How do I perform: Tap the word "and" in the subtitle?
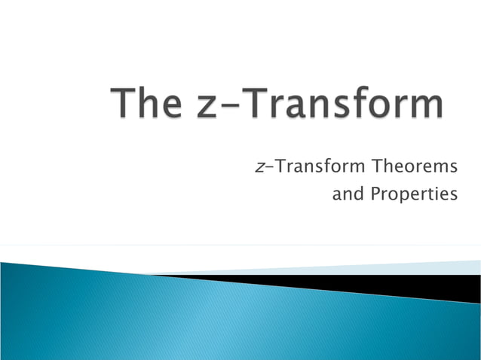click(x=348, y=194)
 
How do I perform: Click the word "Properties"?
click(x=414, y=195)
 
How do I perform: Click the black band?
click(x=422, y=287)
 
